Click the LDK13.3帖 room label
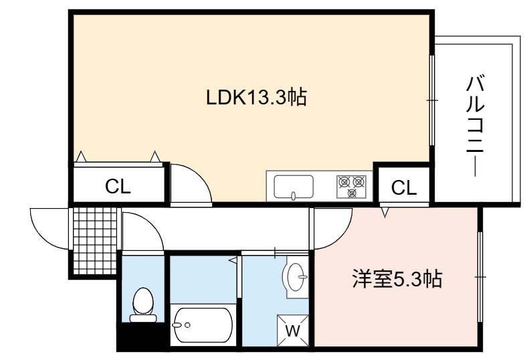[256, 97]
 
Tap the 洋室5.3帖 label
[397, 279]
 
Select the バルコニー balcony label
[475, 126]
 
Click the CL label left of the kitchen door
[118, 186]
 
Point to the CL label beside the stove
[404, 187]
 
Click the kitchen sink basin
[294, 187]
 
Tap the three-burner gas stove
[351, 187]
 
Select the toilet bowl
[143, 304]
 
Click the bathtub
[203, 325]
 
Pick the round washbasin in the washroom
[296, 276]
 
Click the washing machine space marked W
[293, 331]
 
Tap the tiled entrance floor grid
[95, 241]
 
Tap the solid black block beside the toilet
[142, 337]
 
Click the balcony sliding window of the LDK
[432, 100]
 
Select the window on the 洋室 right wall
[480, 277]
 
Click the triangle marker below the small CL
[385, 212]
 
